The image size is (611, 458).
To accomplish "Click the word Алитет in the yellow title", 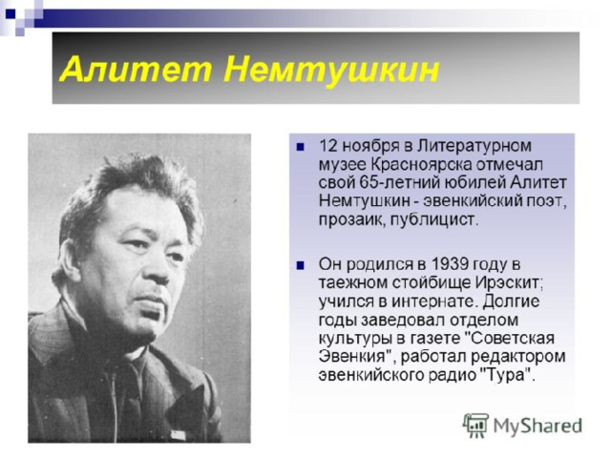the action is click(137, 70).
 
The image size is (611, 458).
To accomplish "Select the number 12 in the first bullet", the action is click(328, 146).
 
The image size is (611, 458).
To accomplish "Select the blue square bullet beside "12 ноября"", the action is click(300, 147).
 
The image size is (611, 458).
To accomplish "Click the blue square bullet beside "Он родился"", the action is click(300, 265).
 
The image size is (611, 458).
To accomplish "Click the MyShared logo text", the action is click(537, 426).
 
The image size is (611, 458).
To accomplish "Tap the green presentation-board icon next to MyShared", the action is click(475, 426).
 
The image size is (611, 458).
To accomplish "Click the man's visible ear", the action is click(70, 260).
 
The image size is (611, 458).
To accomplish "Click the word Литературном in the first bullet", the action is click(474, 146).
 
